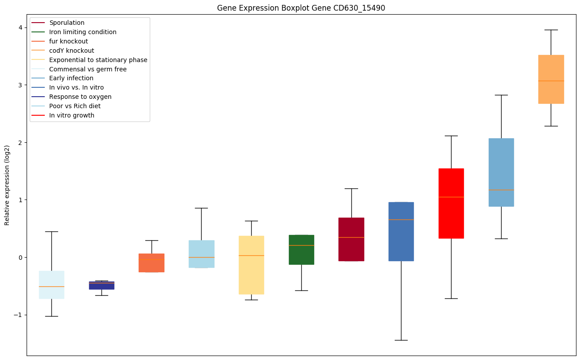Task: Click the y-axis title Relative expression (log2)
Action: [x=7, y=185]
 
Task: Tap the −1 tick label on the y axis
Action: [x=19, y=315]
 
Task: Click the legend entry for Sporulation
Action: [x=66, y=23]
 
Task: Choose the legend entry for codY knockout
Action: [x=71, y=51]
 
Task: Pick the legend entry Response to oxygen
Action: [x=80, y=97]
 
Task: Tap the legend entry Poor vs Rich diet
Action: [x=75, y=106]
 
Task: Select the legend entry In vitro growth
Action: [x=72, y=115]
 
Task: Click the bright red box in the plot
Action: [x=451, y=203]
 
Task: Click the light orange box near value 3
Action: [x=551, y=79]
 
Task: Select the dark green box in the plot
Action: [x=301, y=250]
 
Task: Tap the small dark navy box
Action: [x=101, y=286]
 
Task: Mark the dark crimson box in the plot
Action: [x=351, y=239]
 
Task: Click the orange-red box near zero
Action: [x=152, y=263]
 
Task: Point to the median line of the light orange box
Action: [x=551, y=81]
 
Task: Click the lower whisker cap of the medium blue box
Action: [x=401, y=340]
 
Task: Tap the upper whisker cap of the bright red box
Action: [x=451, y=136]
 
